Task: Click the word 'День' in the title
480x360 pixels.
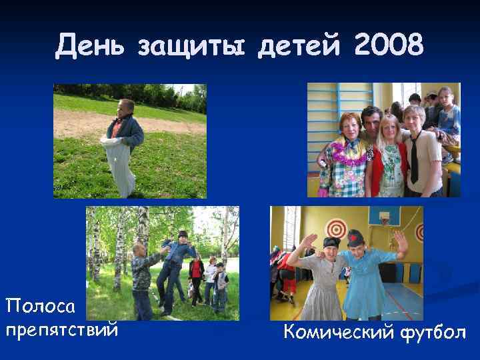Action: pos(91,46)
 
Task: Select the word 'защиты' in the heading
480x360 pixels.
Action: pos(193,47)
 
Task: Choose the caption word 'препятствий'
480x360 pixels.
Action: pos(61,330)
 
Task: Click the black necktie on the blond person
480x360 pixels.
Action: pos(414,158)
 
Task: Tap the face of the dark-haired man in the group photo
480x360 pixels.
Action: pos(372,121)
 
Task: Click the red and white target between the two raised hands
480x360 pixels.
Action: pos(336,230)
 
